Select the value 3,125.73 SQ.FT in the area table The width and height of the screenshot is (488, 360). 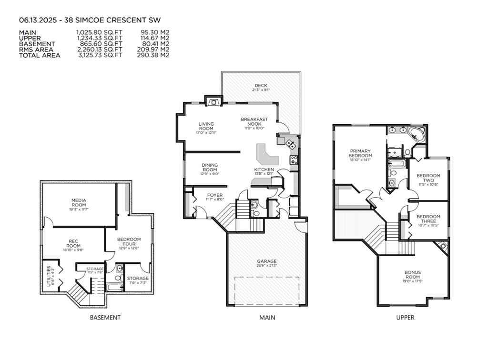(99, 55)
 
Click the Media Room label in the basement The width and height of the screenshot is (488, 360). (79, 202)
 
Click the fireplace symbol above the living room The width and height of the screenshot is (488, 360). (213, 101)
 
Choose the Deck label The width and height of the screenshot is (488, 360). (260, 86)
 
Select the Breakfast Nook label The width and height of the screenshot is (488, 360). (254, 122)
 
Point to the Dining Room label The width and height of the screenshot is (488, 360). (210, 167)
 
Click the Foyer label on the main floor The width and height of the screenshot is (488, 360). (214, 195)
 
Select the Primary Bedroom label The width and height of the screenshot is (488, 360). (360, 153)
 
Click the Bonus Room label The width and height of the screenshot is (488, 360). (413, 275)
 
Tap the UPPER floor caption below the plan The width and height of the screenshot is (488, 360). (405, 318)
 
